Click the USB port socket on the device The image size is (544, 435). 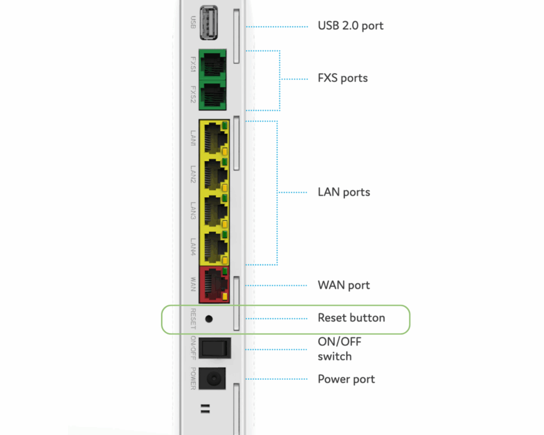[x=208, y=23]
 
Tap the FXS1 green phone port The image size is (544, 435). [x=212, y=64]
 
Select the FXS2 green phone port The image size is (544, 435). [x=212, y=96]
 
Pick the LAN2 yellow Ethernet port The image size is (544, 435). [x=214, y=175]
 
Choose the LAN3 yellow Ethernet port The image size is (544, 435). [x=214, y=211]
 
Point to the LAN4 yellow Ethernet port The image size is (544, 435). [x=214, y=248]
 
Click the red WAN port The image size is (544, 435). [x=214, y=285]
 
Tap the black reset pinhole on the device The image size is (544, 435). [x=209, y=319]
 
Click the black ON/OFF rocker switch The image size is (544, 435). [x=215, y=348]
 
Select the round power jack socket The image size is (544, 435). [x=212, y=379]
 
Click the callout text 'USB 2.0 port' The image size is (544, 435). [x=351, y=26]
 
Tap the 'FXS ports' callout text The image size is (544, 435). [x=343, y=78]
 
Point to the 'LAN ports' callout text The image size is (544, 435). [x=344, y=192]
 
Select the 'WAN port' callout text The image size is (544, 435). [x=344, y=285]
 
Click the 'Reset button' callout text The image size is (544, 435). [x=352, y=318]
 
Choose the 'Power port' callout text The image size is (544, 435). [x=346, y=379]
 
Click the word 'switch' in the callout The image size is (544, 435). [x=335, y=356]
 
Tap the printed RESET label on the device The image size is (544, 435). [x=193, y=319]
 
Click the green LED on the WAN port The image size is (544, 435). [x=225, y=270]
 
